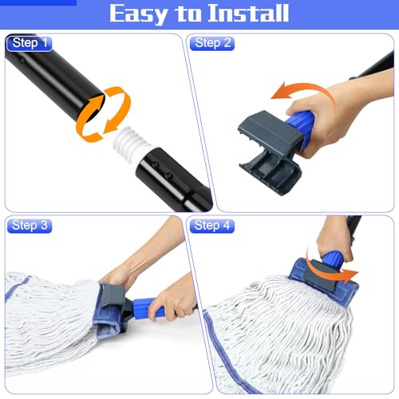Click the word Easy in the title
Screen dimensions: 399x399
[140, 14]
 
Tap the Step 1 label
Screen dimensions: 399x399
[29, 43]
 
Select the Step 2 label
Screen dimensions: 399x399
[213, 43]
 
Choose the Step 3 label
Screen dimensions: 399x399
[29, 226]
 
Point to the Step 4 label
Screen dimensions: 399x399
[213, 226]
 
